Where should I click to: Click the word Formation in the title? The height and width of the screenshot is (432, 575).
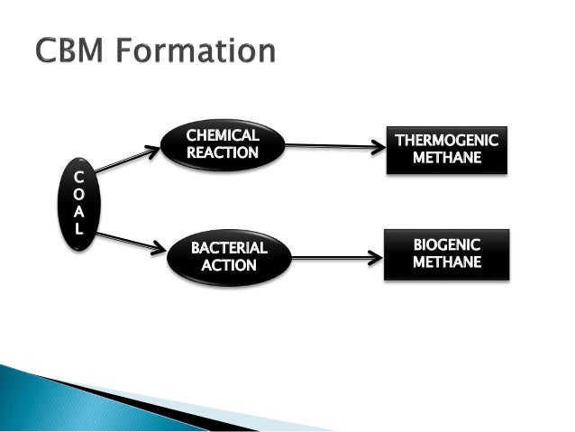(x=199, y=51)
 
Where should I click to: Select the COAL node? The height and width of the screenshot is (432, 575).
(x=78, y=203)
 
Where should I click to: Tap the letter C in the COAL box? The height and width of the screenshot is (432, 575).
(x=78, y=176)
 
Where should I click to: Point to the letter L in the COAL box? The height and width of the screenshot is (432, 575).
(x=78, y=230)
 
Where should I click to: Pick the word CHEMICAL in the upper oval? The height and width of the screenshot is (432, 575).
(x=222, y=135)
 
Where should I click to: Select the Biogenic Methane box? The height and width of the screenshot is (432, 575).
(x=446, y=253)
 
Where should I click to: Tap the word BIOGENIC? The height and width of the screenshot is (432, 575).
(x=446, y=244)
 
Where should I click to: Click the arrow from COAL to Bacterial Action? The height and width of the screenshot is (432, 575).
(x=131, y=242)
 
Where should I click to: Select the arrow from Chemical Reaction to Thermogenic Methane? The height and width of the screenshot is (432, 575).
(x=333, y=144)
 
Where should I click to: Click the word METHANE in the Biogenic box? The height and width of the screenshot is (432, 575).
(x=446, y=262)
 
